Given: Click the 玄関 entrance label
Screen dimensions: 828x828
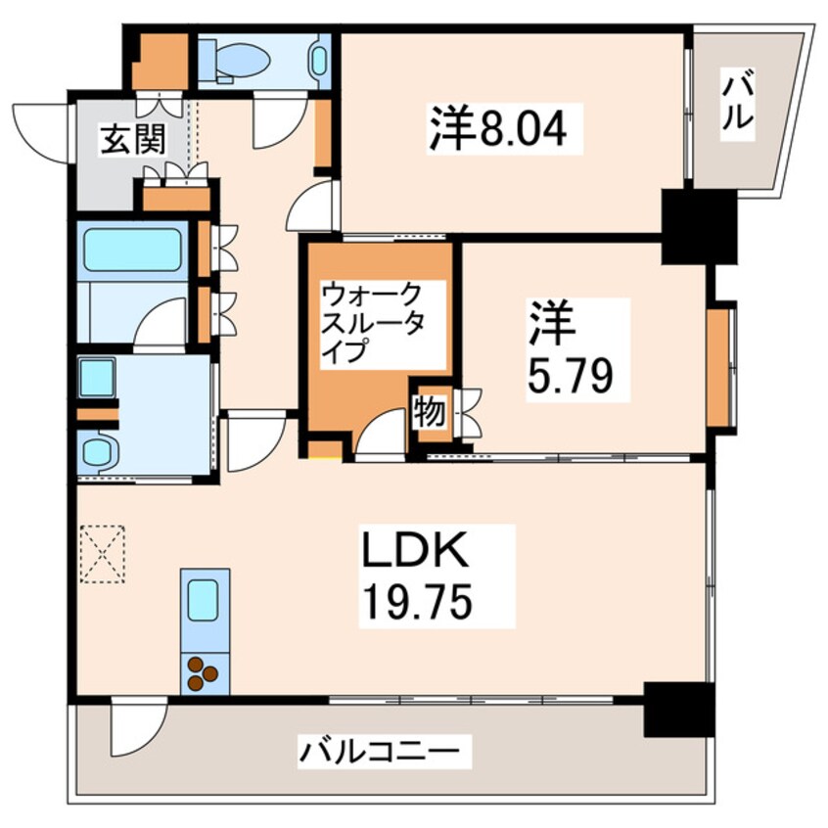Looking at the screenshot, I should click(129, 142).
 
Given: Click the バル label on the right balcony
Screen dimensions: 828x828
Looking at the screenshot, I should click(739, 102).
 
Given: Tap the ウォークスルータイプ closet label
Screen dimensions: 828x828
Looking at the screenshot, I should click(373, 322).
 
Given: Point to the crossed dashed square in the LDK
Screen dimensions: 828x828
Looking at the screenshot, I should click(104, 554).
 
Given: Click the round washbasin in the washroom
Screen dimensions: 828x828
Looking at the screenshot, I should click(99, 452).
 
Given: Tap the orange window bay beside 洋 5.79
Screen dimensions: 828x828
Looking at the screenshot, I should click(721, 368).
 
